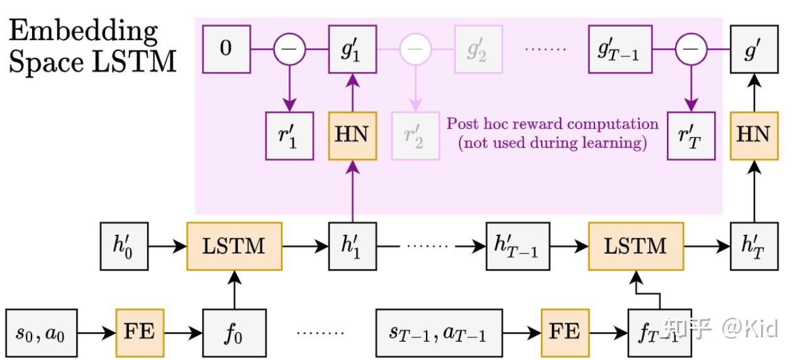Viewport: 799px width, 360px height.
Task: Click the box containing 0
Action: coord(226,48)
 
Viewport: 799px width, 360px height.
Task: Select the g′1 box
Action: coord(352,48)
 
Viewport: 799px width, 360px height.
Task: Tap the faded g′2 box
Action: coord(478,48)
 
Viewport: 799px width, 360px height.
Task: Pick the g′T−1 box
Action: coord(620,48)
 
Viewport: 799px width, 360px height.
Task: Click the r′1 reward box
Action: coord(289,135)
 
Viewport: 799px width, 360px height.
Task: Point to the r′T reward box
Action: coord(691,135)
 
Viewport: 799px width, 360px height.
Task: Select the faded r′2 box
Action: coord(415,135)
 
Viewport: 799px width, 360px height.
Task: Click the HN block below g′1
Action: coord(352,135)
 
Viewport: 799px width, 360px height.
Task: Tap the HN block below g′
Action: coord(754,135)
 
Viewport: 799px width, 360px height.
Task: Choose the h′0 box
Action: coord(125,245)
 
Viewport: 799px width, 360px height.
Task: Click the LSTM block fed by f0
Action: coord(234,245)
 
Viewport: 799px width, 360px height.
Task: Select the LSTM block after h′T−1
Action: coord(636,245)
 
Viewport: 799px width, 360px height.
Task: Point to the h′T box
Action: coord(754,245)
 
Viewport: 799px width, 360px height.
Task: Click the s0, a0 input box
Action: coord(42,332)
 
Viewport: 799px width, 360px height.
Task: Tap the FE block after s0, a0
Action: coord(140,332)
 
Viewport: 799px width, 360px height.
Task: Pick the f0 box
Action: coord(234,332)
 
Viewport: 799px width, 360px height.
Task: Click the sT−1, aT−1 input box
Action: coord(439,332)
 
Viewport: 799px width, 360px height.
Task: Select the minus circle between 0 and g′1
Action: coord(289,48)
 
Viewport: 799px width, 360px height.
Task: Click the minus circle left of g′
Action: coord(691,48)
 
